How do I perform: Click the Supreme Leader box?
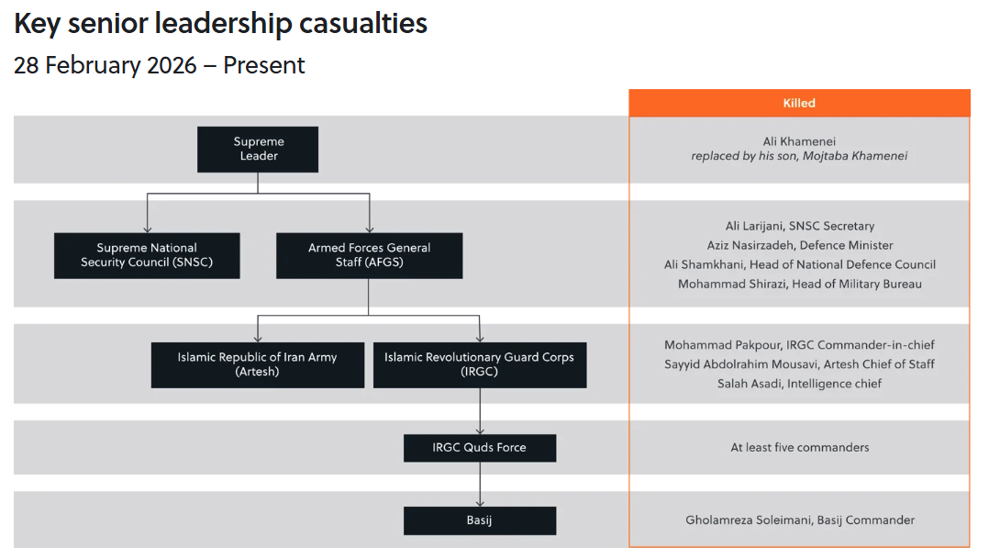coord(258,150)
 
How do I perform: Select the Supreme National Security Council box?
coord(147,255)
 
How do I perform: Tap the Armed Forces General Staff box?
coord(369,255)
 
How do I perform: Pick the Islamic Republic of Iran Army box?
coord(257,364)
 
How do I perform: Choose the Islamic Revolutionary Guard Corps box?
coord(479,364)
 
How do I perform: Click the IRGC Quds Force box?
coord(479,448)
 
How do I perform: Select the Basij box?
coord(479,520)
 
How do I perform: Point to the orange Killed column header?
coord(799,104)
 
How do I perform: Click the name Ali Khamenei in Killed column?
coord(799,141)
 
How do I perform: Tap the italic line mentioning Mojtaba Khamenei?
coord(799,156)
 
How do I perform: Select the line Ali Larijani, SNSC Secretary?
coord(799,226)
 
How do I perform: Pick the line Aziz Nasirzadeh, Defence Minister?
coord(799,245)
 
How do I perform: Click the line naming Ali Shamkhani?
coord(799,264)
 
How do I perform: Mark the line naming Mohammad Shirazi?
coord(799,284)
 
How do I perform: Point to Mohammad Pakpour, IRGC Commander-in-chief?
coord(799,345)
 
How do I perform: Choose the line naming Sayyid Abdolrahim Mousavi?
coord(799,364)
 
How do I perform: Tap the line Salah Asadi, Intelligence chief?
coord(799,384)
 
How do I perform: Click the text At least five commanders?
coord(799,448)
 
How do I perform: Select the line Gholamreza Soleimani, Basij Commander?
coord(799,520)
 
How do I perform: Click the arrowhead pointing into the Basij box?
coord(479,503)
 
